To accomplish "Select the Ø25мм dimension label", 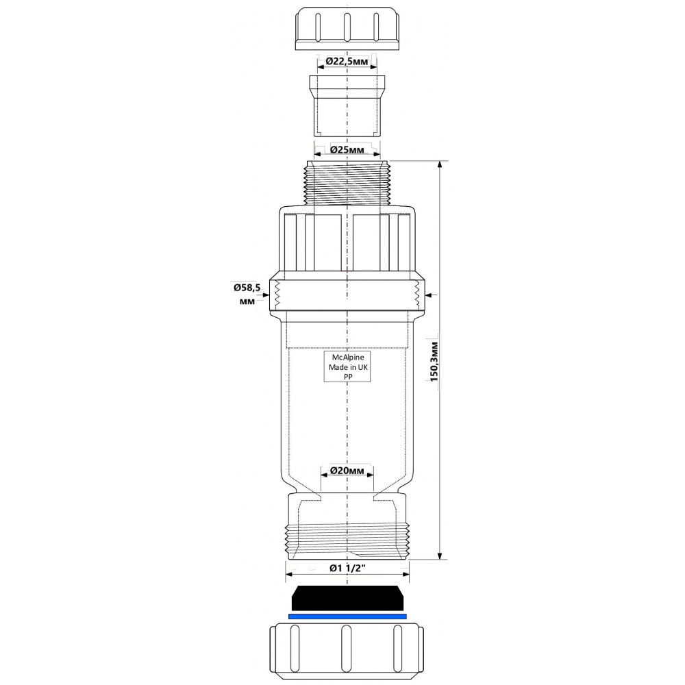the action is click(x=347, y=150).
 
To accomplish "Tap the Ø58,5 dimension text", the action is click(x=247, y=288).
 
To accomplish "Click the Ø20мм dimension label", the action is click(x=347, y=471).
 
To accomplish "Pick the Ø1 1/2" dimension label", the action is click(x=347, y=569).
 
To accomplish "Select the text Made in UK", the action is click(x=348, y=367).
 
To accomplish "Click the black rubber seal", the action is click(x=347, y=598).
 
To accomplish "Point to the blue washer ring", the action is click(x=347, y=616).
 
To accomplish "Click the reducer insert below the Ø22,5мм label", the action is click(x=347, y=105).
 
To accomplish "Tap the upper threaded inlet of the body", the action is click(x=347, y=183).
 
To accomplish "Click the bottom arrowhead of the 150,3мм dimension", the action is click(x=440, y=554).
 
